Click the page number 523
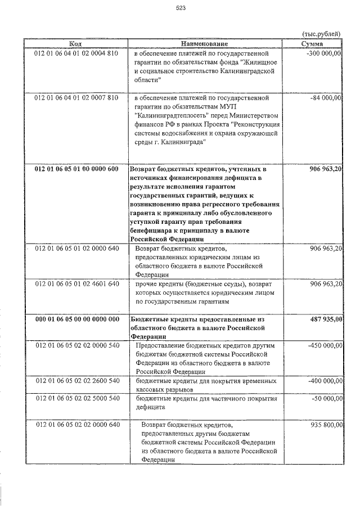181,8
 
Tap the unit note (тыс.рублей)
322,34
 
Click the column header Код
76,43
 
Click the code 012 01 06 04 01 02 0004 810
76,54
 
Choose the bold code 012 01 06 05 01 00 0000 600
76,169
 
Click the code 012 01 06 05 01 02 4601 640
76,283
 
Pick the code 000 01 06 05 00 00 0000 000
76,318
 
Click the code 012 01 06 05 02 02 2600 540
76,380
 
